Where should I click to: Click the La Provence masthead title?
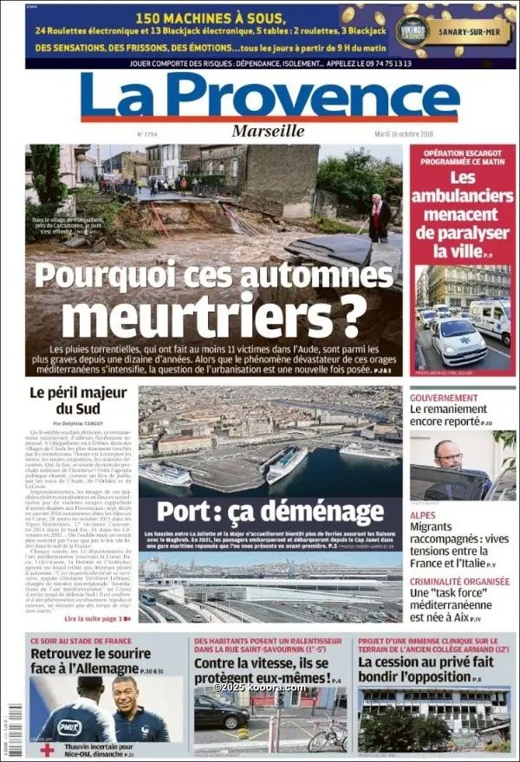270,96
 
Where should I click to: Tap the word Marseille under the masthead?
268,131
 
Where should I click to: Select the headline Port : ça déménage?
270,512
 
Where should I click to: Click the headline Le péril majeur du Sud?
78,400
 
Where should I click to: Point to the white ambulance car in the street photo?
458,339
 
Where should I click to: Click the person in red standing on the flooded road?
379,219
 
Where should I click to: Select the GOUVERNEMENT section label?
444,397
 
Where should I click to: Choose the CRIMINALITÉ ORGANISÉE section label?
458,582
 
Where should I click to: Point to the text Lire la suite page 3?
96,618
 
